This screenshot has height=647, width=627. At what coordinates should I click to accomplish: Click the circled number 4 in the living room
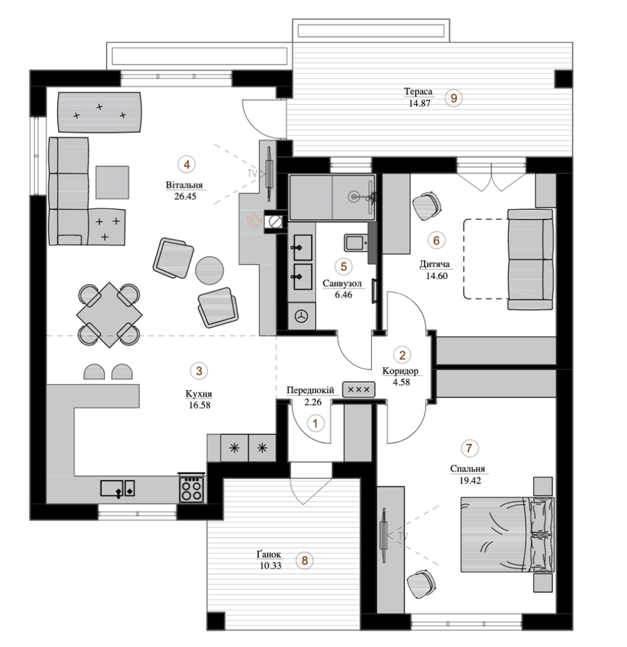pyautogui.click(x=187, y=165)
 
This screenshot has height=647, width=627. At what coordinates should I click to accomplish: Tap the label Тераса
pyautogui.click(x=418, y=92)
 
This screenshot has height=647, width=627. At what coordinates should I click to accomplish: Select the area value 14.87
pyautogui.click(x=419, y=103)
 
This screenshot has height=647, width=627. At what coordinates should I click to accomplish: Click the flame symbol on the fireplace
pyautogui.click(x=255, y=220)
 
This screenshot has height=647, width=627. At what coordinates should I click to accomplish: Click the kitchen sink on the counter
pyautogui.click(x=118, y=488)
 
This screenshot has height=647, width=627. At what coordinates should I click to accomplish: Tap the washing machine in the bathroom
pyautogui.click(x=302, y=316)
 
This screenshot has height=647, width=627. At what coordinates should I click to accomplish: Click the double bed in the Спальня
pyautogui.click(x=507, y=534)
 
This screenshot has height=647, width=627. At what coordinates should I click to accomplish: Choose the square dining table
pyautogui.click(x=109, y=315)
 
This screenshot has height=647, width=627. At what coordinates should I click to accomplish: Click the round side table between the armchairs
pyautogui.click(x=209, y=270)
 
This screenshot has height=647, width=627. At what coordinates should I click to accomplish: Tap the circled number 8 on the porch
pyautogui.click(x=305, y=560)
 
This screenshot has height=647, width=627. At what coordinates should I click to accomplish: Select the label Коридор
pyautogui.click(x=401, y=371)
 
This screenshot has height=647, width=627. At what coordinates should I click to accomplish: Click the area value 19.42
pyautogui.click(x=470, y=481)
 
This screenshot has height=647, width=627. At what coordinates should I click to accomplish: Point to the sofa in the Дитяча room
pyautogui.click(x=530, y=259)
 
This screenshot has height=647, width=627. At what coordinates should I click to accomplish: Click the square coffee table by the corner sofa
pyautogui.click(x=112, y=182)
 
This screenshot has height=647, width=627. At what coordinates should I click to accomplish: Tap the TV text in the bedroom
pyautogui.click(x=403, y=536)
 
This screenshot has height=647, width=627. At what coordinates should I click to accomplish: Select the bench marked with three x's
pyautogui.click(x=359, y=389)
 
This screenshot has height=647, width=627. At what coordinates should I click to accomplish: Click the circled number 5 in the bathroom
pyautogui.click(x=344, y=266)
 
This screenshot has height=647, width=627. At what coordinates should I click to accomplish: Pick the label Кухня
pyautogui.click(x=199, y=394)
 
